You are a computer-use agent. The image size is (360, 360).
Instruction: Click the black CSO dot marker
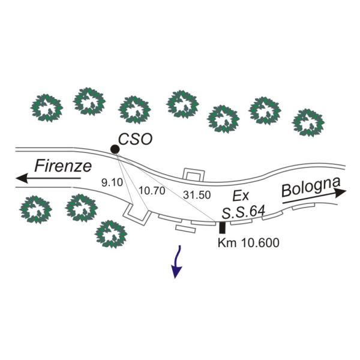114,149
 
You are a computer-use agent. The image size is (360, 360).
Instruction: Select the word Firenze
62,166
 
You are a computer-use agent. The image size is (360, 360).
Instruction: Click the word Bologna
311,187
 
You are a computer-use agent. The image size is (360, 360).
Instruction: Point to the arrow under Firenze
48,178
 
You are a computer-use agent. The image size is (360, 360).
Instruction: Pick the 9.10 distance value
113,181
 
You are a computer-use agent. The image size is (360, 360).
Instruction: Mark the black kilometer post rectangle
223,227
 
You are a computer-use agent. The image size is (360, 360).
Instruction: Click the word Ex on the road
240,195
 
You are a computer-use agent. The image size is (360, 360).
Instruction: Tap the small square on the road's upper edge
192,175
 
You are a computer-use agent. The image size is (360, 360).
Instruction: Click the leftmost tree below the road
35,209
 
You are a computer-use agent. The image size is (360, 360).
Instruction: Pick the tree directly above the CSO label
134,109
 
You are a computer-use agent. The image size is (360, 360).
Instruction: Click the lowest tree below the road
112,233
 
